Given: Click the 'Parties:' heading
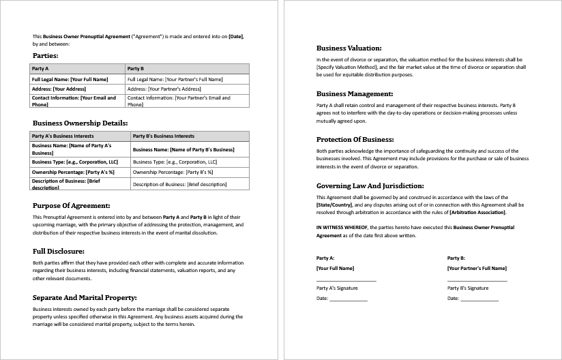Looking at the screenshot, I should (x=46, y=56).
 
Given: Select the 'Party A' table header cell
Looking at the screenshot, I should (x=40, y=69).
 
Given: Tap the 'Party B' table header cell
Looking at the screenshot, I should (x=136, y=69).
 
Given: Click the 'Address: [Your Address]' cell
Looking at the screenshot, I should (x=59, y=89).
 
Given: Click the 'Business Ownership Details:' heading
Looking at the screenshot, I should (x=80, y=123).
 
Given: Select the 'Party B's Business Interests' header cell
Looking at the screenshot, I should (x=164, y=136).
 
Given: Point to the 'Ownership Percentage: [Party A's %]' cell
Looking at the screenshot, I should (x=73, y=172).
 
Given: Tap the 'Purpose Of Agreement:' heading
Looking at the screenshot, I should (x=72, y=205).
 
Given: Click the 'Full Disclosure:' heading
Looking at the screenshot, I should (x=59, y=251).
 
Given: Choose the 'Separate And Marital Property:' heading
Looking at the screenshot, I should (x=85, y=297).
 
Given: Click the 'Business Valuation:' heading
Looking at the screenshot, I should (x=349, y=48).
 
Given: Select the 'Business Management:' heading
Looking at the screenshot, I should (x=355, y=94).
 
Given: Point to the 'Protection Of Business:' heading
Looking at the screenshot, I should (x=355, y=139).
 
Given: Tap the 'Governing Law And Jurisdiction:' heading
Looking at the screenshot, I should (x=370, y=185).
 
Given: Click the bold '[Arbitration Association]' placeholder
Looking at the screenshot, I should (x=477, y=212).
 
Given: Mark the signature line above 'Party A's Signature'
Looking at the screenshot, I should (x=346, y=281).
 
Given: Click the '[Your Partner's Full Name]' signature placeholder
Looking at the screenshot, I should (x=477, y=268).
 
